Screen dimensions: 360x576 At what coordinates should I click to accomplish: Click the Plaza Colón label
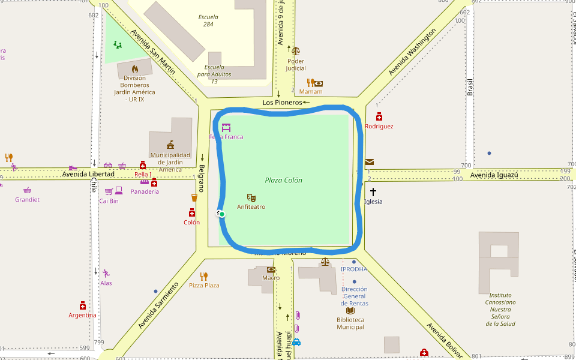[x=283, y=180]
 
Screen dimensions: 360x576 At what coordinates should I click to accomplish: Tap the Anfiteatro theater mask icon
[x=251, y=197]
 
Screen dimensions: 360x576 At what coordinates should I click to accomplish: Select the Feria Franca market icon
[x=226, y=127]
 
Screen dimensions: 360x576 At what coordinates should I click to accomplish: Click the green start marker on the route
[x=221, y=214]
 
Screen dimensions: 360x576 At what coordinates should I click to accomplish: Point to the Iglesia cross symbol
[x=373, y=192]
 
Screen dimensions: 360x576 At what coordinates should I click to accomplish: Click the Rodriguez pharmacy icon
[x=379, y=117]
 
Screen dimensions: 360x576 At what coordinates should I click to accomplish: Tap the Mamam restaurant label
[x=311, y=92]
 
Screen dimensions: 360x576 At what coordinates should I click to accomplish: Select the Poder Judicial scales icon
[x=295, y=51]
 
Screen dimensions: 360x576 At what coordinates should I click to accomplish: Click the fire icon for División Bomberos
[x=134, y=68]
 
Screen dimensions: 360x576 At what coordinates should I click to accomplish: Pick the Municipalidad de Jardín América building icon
[x=170, y=145]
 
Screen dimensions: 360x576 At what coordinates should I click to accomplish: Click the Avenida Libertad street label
[x=88, y=174]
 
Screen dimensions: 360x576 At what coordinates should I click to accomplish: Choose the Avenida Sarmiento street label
[x=158, y=305]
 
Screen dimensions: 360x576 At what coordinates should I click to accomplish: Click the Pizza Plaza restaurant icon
[x=204, y=276]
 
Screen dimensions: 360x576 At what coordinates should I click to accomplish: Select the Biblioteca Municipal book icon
[x=350, y=311]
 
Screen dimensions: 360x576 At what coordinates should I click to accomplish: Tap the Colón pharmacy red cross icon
[x=192, y=212]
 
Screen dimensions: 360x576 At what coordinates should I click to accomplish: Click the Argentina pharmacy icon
[x=83, y=305]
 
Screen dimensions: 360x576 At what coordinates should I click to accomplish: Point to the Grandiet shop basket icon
[x=27, y=190]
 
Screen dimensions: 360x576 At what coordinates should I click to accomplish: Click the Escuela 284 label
[x=208, y=20]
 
